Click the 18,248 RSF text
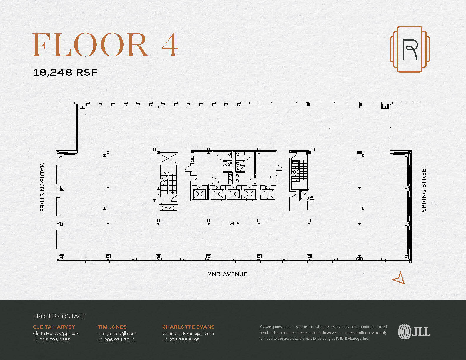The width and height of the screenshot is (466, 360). [x=65, y=72]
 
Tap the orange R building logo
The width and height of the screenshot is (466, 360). [x=410, y=49]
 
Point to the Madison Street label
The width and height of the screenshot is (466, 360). [x=42, y=189]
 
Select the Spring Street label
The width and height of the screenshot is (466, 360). [x=424, y=189]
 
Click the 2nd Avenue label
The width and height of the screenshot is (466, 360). [x=227, y=274]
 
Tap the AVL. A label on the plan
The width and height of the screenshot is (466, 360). [x=234, y=224]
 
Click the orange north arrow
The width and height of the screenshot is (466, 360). [x=399, y=278]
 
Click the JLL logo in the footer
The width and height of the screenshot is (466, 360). [x=414, y=332]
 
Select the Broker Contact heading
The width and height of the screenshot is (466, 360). [x=59, y=316]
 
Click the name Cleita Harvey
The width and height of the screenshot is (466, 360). [x=54, y=327]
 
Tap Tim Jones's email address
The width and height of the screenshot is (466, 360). [x=117, y=333]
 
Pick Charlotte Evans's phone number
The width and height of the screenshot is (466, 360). [x=181, y=340]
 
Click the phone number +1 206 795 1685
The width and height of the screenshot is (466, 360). [x=51, y=340]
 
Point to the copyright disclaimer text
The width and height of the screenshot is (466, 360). [x=323, y=333]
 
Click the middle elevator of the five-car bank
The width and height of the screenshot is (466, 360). [x=234, y=193]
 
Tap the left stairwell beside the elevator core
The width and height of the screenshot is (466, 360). [x=168, y=179]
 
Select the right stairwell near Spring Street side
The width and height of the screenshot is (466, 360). [x=299, y=174]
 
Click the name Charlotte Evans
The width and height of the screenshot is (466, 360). [x=188, y=327]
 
